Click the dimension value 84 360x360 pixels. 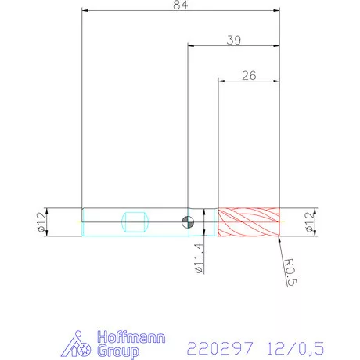pos(181,5)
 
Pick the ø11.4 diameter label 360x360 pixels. pos(199,257)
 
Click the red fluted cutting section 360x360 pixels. pos(248,221)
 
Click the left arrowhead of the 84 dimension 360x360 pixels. pos(84,11)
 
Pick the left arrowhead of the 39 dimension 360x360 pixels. pos(189,45)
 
